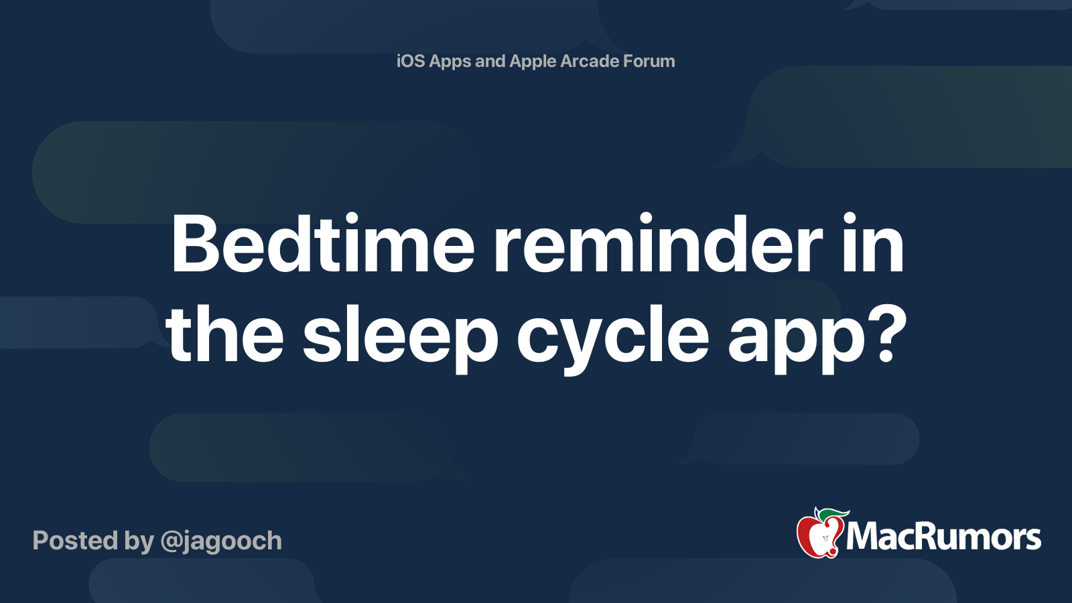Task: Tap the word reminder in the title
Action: pyautogui.click(x=658, y=245)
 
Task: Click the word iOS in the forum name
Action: pyautogui.click(x=411, y=61)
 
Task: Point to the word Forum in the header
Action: pyautogui.click(x=649, y=61)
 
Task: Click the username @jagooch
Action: pyautogui.click(x=221, y=541)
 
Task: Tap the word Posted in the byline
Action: pyautogui.click(x=75, y=541)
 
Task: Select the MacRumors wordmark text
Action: pyautogui.click(x=943, y=537)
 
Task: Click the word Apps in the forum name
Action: pyautogui.click(x=450, y=62)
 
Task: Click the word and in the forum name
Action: pyautogui.click(x=490, y=61)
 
